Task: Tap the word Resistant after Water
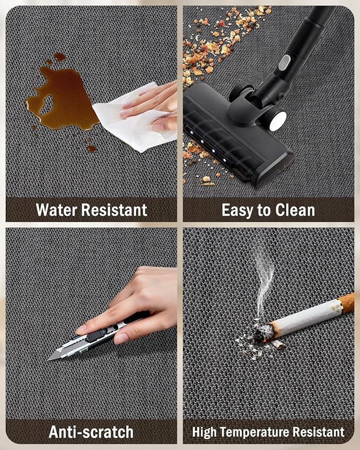(x=115, y=210)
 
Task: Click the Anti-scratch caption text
(x=91, y=432)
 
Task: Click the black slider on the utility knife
(x=96, y=335)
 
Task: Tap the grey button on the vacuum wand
(x=284, y=62)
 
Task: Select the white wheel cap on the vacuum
(x=278, y=120)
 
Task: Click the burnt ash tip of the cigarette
(x=262, y=333)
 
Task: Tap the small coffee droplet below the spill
(x=91, y=148)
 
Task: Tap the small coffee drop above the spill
(x=59, y=57)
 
